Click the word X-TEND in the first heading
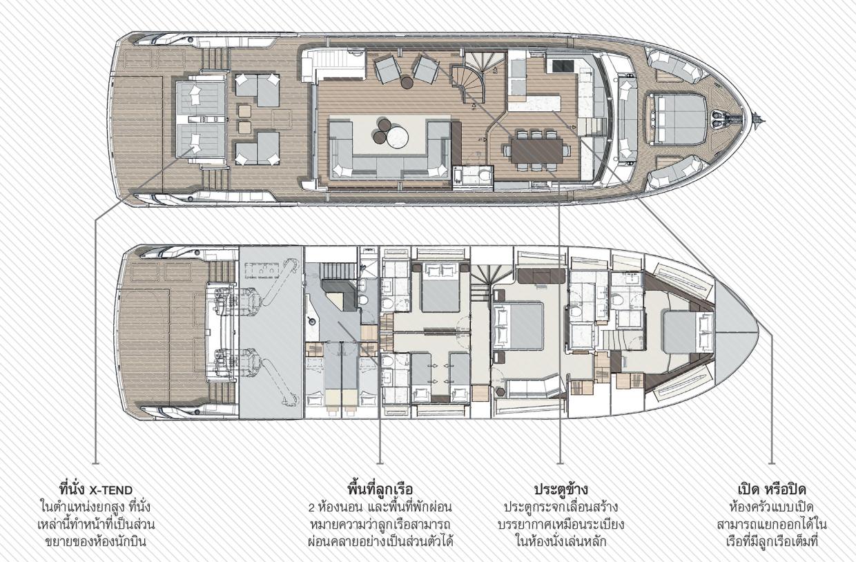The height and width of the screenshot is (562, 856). pyautogui.click(x=111, y=490)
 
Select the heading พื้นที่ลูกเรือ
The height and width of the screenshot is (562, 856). pyautogui.click(x=380, y=490)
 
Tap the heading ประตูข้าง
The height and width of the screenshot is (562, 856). pyautogui.click(x=561, y=490)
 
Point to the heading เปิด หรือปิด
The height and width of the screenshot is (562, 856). pyautogui.click(x=772, y=490)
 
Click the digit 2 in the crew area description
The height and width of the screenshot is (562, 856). pyautogui.click(x=311, y=508)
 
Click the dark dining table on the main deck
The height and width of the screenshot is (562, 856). pyautogui.click(x=537, y=151)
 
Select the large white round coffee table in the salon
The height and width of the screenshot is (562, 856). pyautogui.click(x=398, y=137)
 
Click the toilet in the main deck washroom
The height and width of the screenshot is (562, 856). pyautogui.click(x=485, y=176)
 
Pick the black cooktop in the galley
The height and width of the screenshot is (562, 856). pyautogui.click(x=562, y=66)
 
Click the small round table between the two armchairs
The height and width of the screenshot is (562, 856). pyautogui.click(x=407, y=82)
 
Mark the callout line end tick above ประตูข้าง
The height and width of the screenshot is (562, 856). pyautogui.click(x=560, y=464)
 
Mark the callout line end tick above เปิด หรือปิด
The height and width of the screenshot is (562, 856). pyautogui.click(x=772, y=464)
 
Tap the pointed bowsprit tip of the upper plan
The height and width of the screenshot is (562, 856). pyautogui.click(x=765, y=122)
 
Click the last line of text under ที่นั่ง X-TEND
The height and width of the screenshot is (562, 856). pyautogui.click(x=95, y=542)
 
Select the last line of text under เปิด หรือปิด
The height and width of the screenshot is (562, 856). pyautogui.click(x=772, y=542)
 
